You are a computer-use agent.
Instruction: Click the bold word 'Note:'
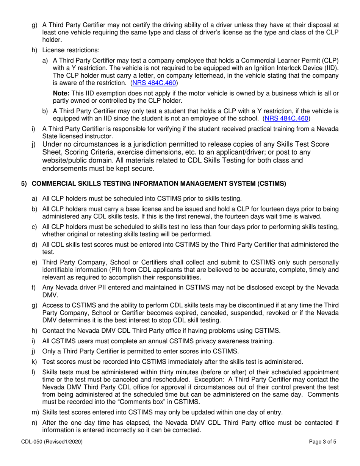tap(61, 93)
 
